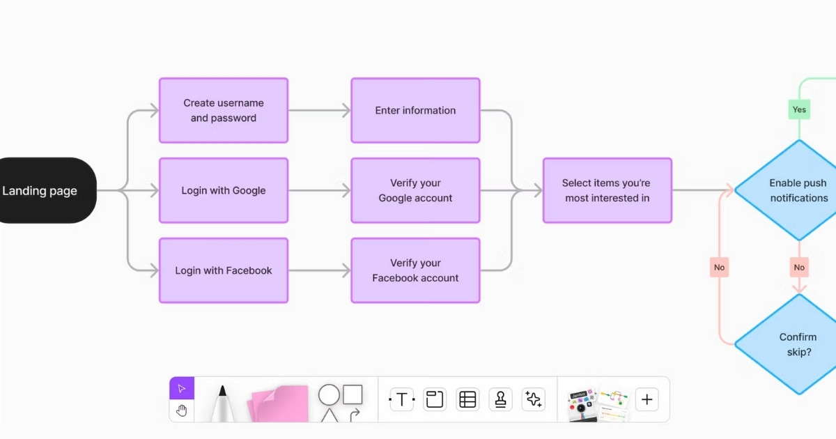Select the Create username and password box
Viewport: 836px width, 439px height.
point(224,110)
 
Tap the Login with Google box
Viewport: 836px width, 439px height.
point(224,190)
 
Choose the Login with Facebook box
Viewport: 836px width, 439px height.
point(224,270)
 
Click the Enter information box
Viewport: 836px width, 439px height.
point(415,110)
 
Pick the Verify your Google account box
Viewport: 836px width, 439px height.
point(415,190)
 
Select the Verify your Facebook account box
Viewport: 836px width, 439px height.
point(415,270)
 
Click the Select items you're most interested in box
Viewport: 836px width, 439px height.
point(607,190)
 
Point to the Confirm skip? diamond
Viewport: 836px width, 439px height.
point(794,344)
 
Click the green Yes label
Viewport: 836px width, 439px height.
point(799,109)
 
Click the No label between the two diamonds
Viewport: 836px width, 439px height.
point(799,267)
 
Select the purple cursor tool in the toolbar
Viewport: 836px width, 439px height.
point(182,388)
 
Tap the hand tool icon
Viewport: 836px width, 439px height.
point(182,410)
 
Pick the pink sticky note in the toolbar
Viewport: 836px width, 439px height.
point(278,403)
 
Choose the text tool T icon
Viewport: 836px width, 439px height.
point(401,399)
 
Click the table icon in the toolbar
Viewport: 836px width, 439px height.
point(467,399)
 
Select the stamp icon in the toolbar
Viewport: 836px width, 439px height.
point(500,399)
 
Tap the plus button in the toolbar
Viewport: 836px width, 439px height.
point(647,399)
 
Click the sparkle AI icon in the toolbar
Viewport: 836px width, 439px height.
point(534,399)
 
